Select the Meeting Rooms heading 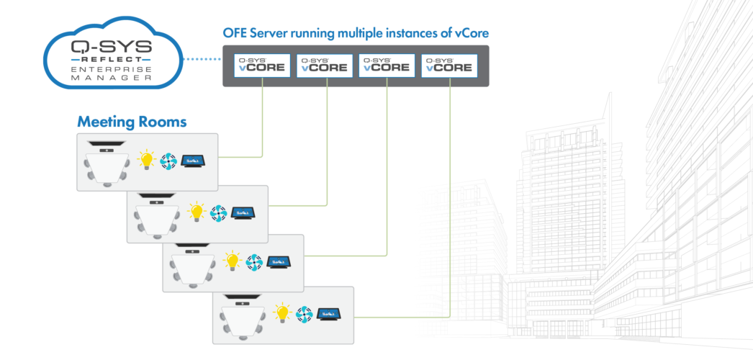[x=132, y=122]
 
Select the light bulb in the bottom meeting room [x=282, y=313]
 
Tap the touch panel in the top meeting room [x=193, y=161]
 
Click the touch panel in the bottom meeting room [x=328, y=315]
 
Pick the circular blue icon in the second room [x=218, y=212]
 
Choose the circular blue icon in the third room [x=253, y=262]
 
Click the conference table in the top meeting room [x=107, y=166]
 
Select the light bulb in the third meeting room [x=232, y=261]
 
